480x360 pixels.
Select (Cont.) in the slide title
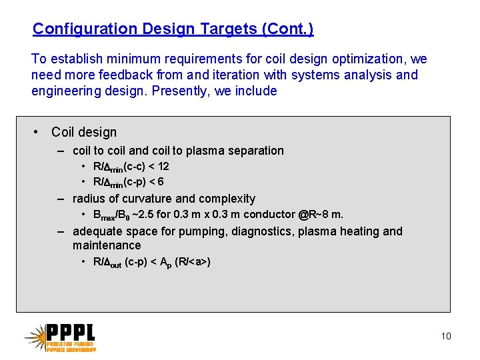tap(288, 29)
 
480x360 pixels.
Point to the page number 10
tap(445, 336)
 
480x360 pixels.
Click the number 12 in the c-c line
tap(163, 167)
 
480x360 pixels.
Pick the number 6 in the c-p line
tap(161, 182)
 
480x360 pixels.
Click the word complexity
tap(225, 199)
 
